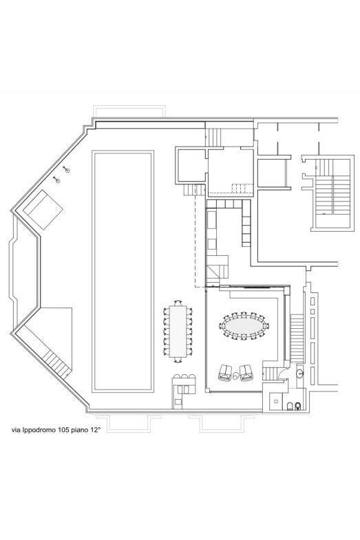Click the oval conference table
[244, 326]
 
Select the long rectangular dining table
[178, 331]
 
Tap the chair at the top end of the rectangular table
[178, 303]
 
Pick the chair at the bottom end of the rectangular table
[178, 360]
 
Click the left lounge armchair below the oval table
[225, 373]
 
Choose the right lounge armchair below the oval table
[246, 373]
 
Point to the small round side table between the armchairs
[235, 376]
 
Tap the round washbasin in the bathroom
[299, 373]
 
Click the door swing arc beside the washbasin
[284, 372]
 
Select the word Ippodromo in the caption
[36, 430]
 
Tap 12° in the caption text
[95, 430]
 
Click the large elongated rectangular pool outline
[123, 272]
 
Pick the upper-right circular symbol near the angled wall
[67, 170]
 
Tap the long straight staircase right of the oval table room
[297, 338]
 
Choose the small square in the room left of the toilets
[276, 401]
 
